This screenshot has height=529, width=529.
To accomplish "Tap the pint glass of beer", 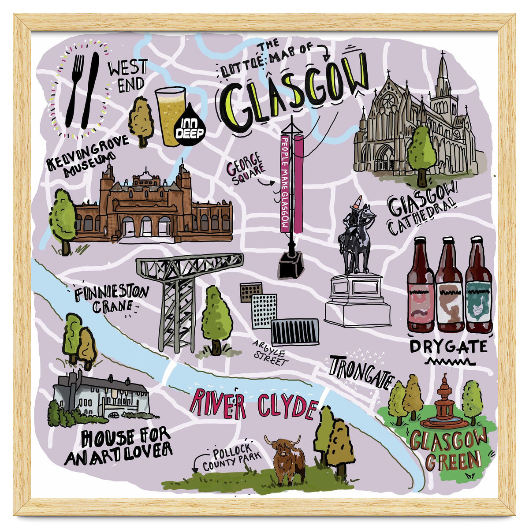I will pyautogui.click(x=170, y=115).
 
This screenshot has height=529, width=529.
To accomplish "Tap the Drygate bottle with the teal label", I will pyautogui.click(x=479, y=287).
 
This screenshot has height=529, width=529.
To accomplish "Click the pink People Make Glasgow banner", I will pyautogui.click(x=285, y=183).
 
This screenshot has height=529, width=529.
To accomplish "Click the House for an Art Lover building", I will pyautogui.click(x=102, y=395).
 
